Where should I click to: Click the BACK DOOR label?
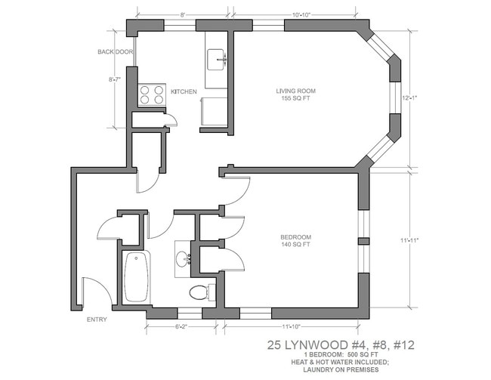[115, 52]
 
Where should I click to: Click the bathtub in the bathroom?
[137, 277]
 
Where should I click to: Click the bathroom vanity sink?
[184, 259]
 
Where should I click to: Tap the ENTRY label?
[97, 319]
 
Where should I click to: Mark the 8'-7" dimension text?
[115, 79]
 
